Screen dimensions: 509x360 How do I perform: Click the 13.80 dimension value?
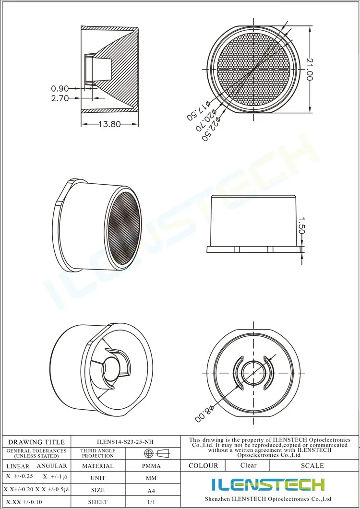click(109, 124)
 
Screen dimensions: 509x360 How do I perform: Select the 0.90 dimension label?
click(60, 88)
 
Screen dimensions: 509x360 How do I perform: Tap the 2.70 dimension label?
click(60, 98)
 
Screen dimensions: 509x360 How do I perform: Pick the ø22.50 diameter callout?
click(210, 126)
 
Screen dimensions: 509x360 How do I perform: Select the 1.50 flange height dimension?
click(301, 225)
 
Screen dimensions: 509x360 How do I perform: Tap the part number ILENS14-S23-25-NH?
click(125, 442)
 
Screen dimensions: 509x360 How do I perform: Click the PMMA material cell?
click(151, 466)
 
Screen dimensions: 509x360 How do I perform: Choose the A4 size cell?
click(151, 490)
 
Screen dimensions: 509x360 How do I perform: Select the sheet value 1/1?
click(151, 502)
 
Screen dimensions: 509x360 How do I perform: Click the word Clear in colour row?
click(248, 465)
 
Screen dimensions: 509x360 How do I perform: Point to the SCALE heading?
click(312, 465)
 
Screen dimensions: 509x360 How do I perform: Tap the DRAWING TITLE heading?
click(36, 442)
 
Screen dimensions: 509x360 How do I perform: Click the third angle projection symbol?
click(157, 453)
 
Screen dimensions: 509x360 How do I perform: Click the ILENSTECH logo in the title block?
click(268, 485)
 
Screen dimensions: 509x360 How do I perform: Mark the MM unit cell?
click(151, 478)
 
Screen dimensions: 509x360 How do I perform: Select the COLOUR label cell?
click(203, 465)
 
